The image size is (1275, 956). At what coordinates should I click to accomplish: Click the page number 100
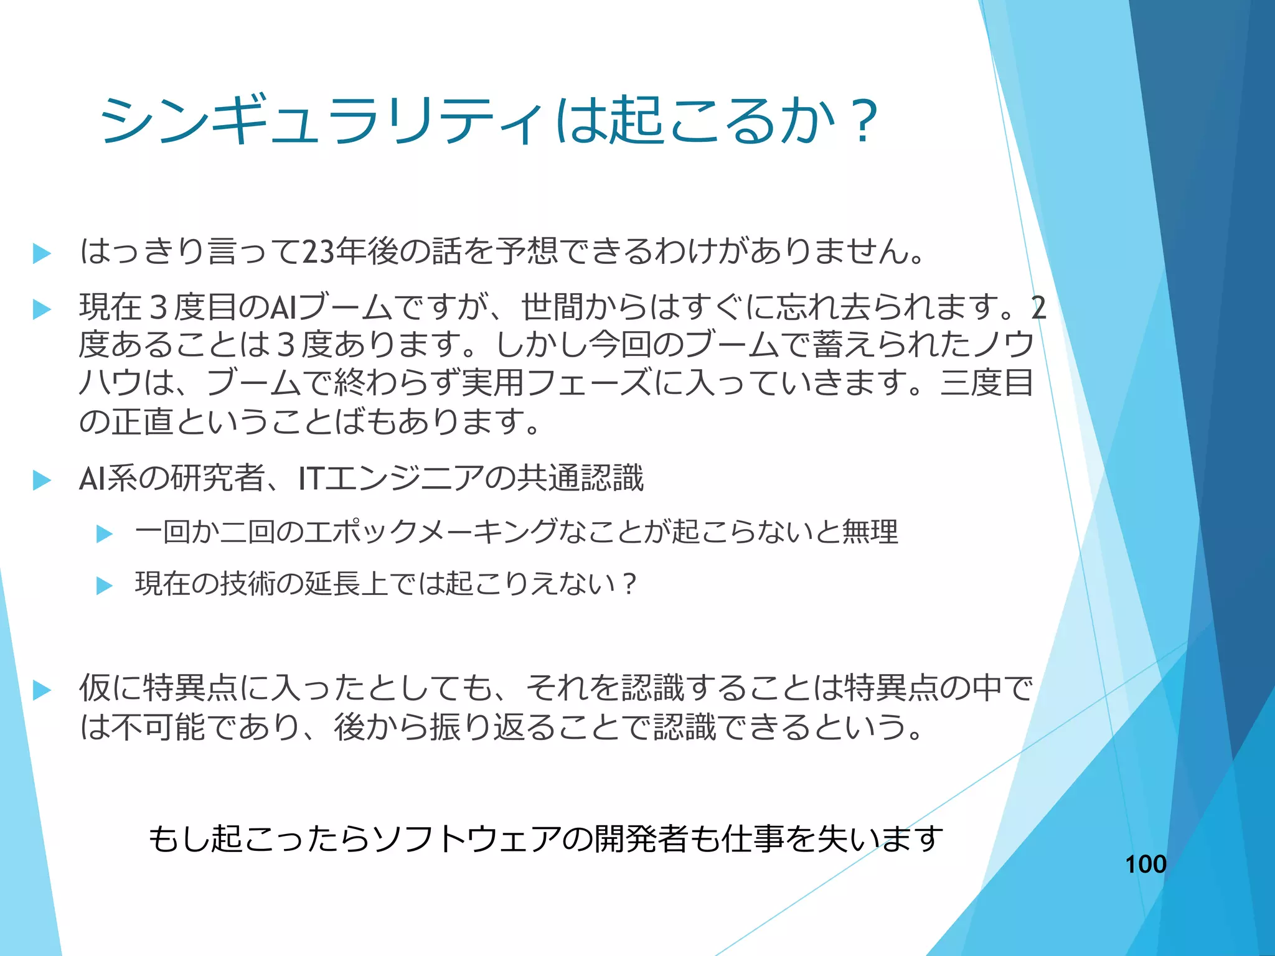coord(1146,864)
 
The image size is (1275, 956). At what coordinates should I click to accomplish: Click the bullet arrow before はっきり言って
coord(42,253)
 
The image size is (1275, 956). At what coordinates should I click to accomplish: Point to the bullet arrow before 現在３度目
coord(42,309)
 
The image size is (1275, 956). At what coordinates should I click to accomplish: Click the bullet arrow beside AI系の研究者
coord(42,480)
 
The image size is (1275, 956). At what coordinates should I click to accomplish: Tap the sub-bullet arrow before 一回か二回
coord(105,534)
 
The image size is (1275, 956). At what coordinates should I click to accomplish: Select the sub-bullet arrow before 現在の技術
coord(105,586)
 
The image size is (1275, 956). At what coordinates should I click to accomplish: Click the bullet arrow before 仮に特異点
coord(42,690)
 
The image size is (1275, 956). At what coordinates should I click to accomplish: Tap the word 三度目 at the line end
coord(987,383)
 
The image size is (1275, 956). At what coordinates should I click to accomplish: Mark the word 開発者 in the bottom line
coord(641,839)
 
